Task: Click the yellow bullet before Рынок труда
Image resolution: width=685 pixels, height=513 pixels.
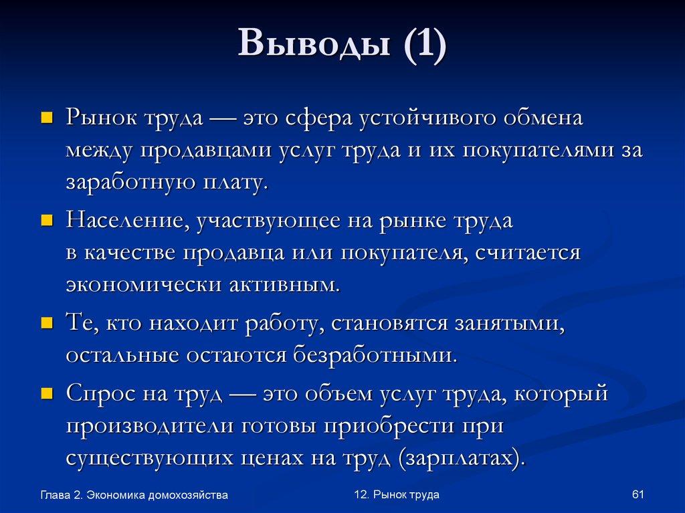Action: [47, 119]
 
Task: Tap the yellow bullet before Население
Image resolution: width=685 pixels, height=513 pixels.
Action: [47, 220]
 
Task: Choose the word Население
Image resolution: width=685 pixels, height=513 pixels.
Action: [125, 220]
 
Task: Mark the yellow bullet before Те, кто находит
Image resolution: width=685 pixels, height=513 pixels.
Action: [47, 324]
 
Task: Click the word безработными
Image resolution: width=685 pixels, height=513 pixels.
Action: [375, 354]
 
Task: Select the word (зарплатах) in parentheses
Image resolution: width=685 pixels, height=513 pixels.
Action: [455, 458]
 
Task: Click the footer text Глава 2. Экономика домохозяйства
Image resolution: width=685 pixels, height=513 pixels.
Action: [134, 495]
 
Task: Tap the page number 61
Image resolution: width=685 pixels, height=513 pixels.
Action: [637, 494]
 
